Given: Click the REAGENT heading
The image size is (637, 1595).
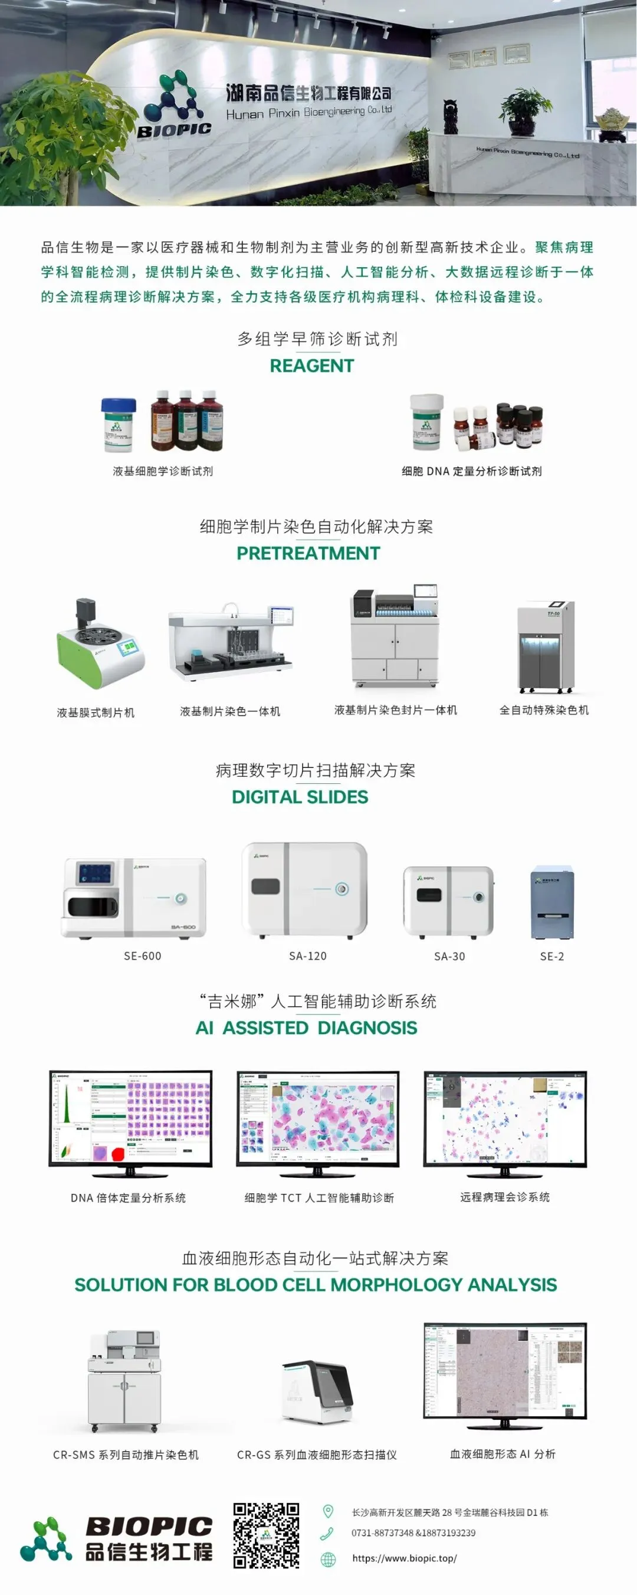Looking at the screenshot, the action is tap(311, 366).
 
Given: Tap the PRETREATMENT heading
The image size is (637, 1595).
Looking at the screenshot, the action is tap(308, 553).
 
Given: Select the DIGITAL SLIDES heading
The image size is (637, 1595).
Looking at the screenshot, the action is tap(300, 797).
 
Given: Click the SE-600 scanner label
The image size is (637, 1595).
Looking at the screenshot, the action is tap(142, 956).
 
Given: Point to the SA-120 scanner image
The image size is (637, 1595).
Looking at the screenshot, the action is tap(304, 889).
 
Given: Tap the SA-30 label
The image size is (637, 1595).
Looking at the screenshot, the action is tap(449, 956).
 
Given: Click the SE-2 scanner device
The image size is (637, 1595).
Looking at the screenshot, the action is tap(551, 902).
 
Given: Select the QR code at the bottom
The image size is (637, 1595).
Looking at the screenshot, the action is tap(266, 1535).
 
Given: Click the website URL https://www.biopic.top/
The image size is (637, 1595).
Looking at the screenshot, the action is tap(404, 1558).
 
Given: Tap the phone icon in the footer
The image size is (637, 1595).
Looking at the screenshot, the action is tap(327, 1533).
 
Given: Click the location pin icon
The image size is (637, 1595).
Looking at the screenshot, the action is tap(328, 1511).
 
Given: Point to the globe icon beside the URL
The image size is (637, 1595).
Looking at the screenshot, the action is tap(328, 1559).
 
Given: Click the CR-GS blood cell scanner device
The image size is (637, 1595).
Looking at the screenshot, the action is tap(317, 1392).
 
